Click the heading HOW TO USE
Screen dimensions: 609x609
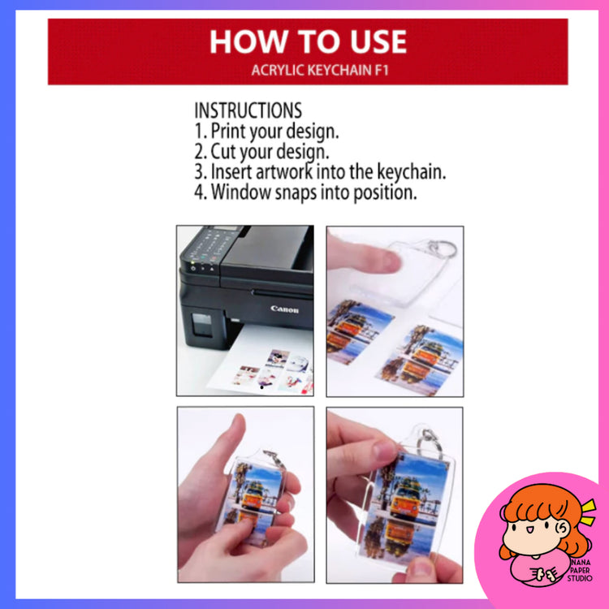click(308, 42)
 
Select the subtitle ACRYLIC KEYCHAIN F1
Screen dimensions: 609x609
click(320, 71)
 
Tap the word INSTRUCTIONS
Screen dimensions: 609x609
click(248, 110)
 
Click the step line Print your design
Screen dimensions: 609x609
click(266, 132)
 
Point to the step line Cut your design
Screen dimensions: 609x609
click(261, 152)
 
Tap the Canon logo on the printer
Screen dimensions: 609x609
click(285, 309)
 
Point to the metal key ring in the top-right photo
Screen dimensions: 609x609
click(443, 248)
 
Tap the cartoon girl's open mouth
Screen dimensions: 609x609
click(529, 529)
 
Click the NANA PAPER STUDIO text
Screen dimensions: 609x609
click(580, 570)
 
